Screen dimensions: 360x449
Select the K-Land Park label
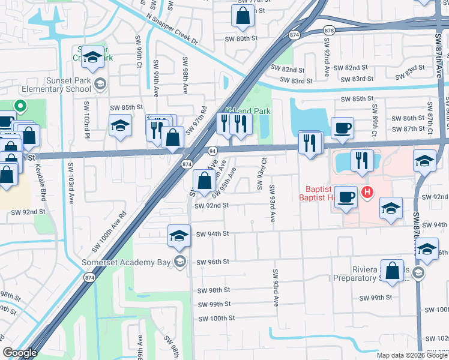[x=249, y=111]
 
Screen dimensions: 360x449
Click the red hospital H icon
[x=367, y=192]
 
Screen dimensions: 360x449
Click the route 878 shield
[x=328, y=30]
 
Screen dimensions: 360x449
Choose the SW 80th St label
[x=241, y=38]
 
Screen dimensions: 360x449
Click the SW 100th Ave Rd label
[x=109, y=232]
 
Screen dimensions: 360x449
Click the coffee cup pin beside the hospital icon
[x=346, y=197]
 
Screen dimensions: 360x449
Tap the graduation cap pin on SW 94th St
[x=178, y=236]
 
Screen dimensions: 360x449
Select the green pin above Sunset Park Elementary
[x=20, y=107]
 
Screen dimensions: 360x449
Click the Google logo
[x=19, y=353]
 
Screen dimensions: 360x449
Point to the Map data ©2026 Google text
[x=411, y=355]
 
